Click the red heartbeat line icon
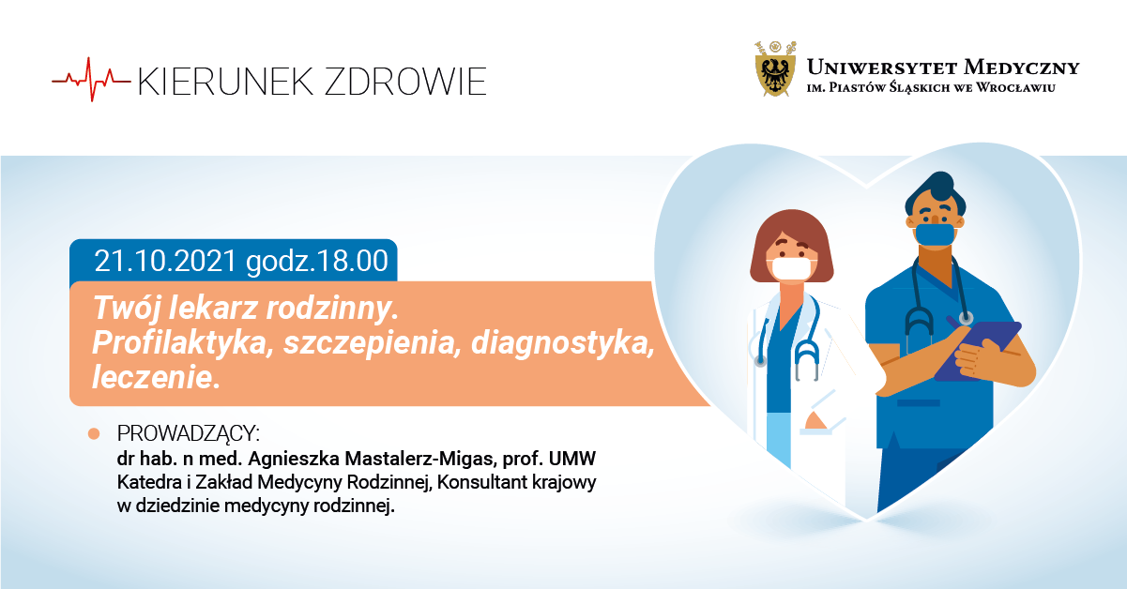pyautogui.click(x=91, y=80)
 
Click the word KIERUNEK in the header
pyautogui.click(x=226, y=82)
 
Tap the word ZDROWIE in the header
pyautogui.click(x=405, y=82)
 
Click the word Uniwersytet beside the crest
pyautogui.click(x=881, y=68)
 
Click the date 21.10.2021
pyautogui.click(x=165, y=261)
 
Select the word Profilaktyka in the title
pyautogui.click(x=183, y=343)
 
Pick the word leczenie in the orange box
pyautogui.click(x=157, y=377)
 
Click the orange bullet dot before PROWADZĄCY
pyautogui.click(x=94, y=433)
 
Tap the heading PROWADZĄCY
pyautogui.click(x=189, y=433)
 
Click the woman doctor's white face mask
pyautogui.click(x=791, y=269)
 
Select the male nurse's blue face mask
pyautogui.click(x=935, y=234)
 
